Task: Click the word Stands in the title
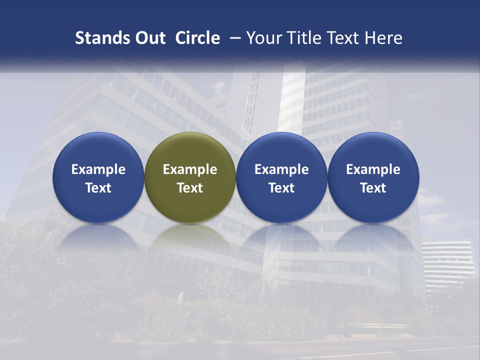click(98, 38)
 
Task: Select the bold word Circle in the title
click(197, 38)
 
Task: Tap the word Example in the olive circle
click(190, 169)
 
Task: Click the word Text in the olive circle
click(190, 188)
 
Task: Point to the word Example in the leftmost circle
click(98, 169)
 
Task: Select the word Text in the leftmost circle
click(98, 188)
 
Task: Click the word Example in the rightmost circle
click(373, 169)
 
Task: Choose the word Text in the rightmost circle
click(373, 188)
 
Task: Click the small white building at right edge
click(447, 262)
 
